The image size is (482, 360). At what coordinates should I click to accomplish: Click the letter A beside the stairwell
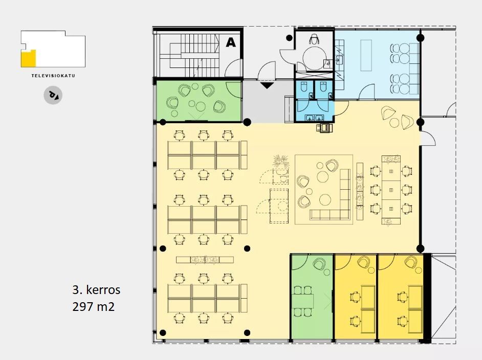coord(231,42)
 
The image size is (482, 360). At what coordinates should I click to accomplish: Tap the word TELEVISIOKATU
coord(53,76)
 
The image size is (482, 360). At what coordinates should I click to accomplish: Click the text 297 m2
coord(94,306)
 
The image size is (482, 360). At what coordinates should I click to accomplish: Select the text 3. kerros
coord(96,289)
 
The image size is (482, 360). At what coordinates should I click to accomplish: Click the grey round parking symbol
coord(53,95)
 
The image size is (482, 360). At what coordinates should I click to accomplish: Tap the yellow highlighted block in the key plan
coord(28,58)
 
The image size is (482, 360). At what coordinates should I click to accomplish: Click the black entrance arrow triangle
coord(267,85)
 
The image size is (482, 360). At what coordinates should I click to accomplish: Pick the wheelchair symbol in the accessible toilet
coord(314,39)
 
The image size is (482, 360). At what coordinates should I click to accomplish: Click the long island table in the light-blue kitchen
coord(366,55)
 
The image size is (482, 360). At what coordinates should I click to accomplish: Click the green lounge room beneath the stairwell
coord(199,101)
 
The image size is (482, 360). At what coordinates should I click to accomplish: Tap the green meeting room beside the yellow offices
coord(312,297)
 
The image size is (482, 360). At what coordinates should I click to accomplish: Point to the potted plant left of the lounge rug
coord(280,161)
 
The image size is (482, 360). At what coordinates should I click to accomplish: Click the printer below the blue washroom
coord(324,127)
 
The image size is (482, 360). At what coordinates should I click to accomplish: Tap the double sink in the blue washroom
coord(314,117)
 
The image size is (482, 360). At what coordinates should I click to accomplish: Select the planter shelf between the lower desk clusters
coord(205,260)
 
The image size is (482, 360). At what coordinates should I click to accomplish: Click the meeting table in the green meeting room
coord(302,301)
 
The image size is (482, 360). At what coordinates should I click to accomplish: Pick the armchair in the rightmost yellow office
coord(411,262)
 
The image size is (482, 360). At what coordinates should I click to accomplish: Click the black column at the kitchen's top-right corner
coord(421,38)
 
